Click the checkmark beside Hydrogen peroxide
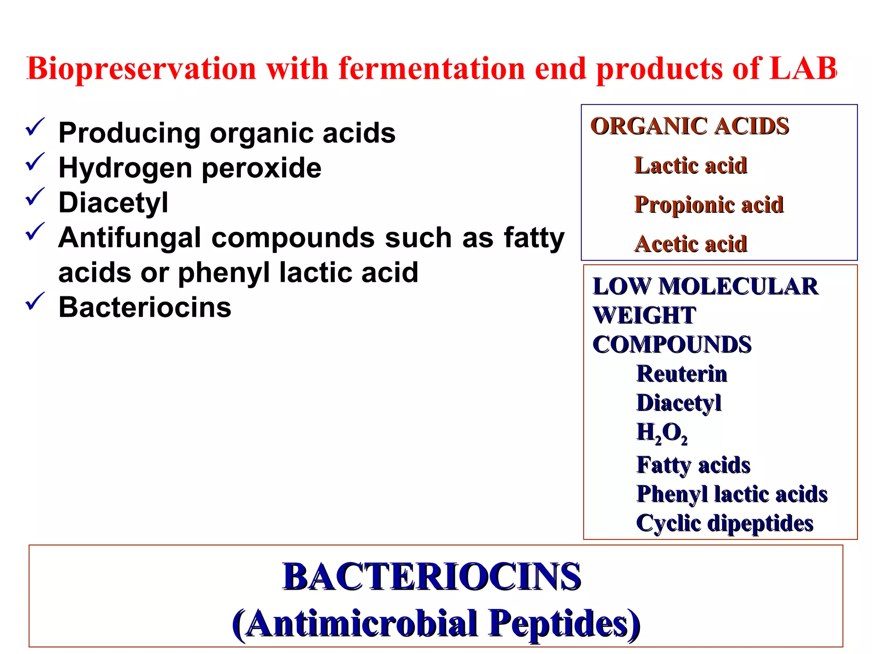[x=35, y=162]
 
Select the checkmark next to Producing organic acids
[x=35, y=127]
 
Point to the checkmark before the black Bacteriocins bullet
[x=35, y=302]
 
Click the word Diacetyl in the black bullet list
[x=113, y=203]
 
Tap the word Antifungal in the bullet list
[x=129, y=238]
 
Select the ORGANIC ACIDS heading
[x=690, y=126]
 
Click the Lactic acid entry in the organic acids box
[x=691, y=166]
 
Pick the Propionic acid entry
[x=709, y=205]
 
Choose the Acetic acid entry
[x=691, y=244]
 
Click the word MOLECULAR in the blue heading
[x=738, y=287]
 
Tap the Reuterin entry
[x=682, y=374]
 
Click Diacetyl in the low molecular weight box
[x=679, y=403]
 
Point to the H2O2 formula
[x=662, y=433]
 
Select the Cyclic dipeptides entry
[x=725, y=523]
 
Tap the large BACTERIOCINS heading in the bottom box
[x=432, y=577]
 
